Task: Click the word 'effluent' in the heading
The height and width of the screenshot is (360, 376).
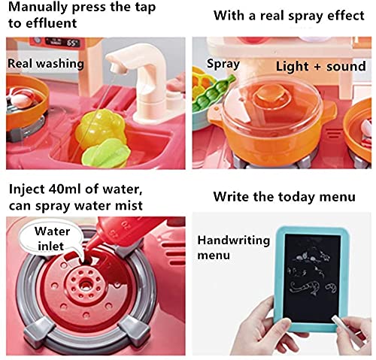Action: tap(51, 23)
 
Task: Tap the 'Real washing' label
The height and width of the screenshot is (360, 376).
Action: tap(46, 64)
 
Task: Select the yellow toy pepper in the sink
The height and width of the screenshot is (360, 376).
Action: tap(100, 129)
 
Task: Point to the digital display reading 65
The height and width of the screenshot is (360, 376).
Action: tap(72, 43)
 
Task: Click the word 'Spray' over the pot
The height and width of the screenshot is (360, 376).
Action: tap(223, 64)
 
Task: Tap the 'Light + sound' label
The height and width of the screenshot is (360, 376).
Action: tap(320, 66)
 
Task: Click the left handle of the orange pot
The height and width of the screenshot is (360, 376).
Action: tap(216, 112)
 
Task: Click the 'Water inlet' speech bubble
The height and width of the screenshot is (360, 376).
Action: tap(52, 239)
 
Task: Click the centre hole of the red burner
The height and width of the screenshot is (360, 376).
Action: tap(86, 285)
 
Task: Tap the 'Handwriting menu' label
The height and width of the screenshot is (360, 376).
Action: tap(233, 247)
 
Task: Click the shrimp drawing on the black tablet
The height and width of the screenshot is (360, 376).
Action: tap(304, 288)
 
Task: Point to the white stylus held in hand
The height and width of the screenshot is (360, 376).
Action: tap(344, 330)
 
